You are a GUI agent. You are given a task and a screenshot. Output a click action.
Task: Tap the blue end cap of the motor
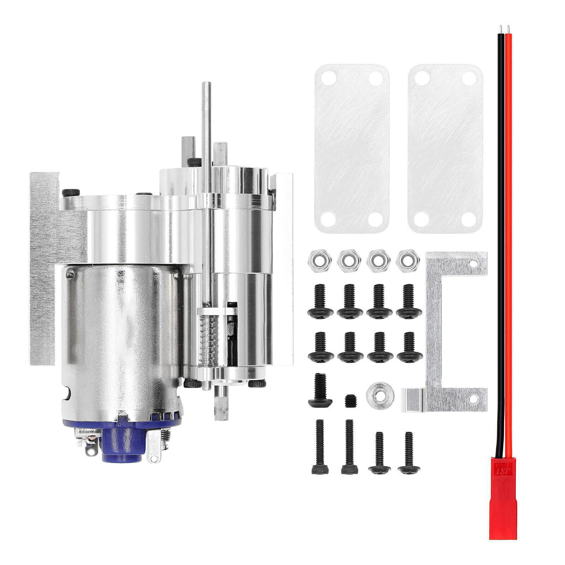click(x=122, y=440)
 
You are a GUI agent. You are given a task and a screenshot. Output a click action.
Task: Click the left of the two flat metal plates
click(x=351, y=148)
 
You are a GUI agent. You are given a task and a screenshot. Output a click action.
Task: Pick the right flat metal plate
click(x=445, y=148)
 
